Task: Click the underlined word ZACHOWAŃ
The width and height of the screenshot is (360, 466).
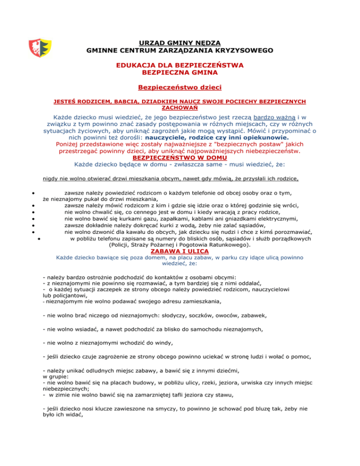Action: tap(180, 107)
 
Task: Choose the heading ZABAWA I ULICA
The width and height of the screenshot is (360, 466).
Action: tap(180, 251)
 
